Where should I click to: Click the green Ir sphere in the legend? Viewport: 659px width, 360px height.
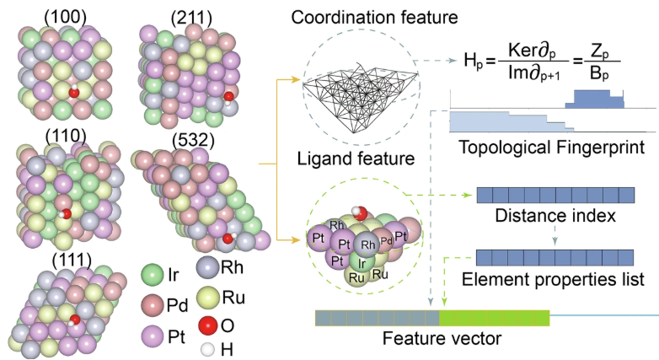click(x=153, y=273)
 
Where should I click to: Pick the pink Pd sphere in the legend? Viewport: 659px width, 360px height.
click(x=153, y=302)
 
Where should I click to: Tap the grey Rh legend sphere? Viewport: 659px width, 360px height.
click(x=207, y=268)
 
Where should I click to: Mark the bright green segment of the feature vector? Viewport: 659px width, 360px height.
click(x=495, y=318)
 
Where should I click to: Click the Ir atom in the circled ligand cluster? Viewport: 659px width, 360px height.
click(x=360, y=262)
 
